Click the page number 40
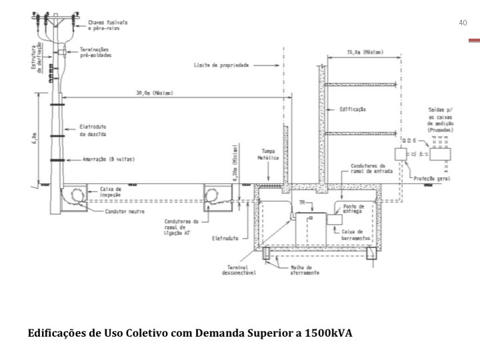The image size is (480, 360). click(x=463, y=23)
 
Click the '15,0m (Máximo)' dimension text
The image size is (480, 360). click(x=365, y=53)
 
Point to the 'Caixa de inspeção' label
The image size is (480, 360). click(x=111, y=191)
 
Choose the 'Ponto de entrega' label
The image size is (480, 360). click(x=353, y=209)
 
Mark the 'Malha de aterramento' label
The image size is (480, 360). click(x=305, y=269)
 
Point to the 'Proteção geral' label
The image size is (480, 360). click(x=431, y=178)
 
